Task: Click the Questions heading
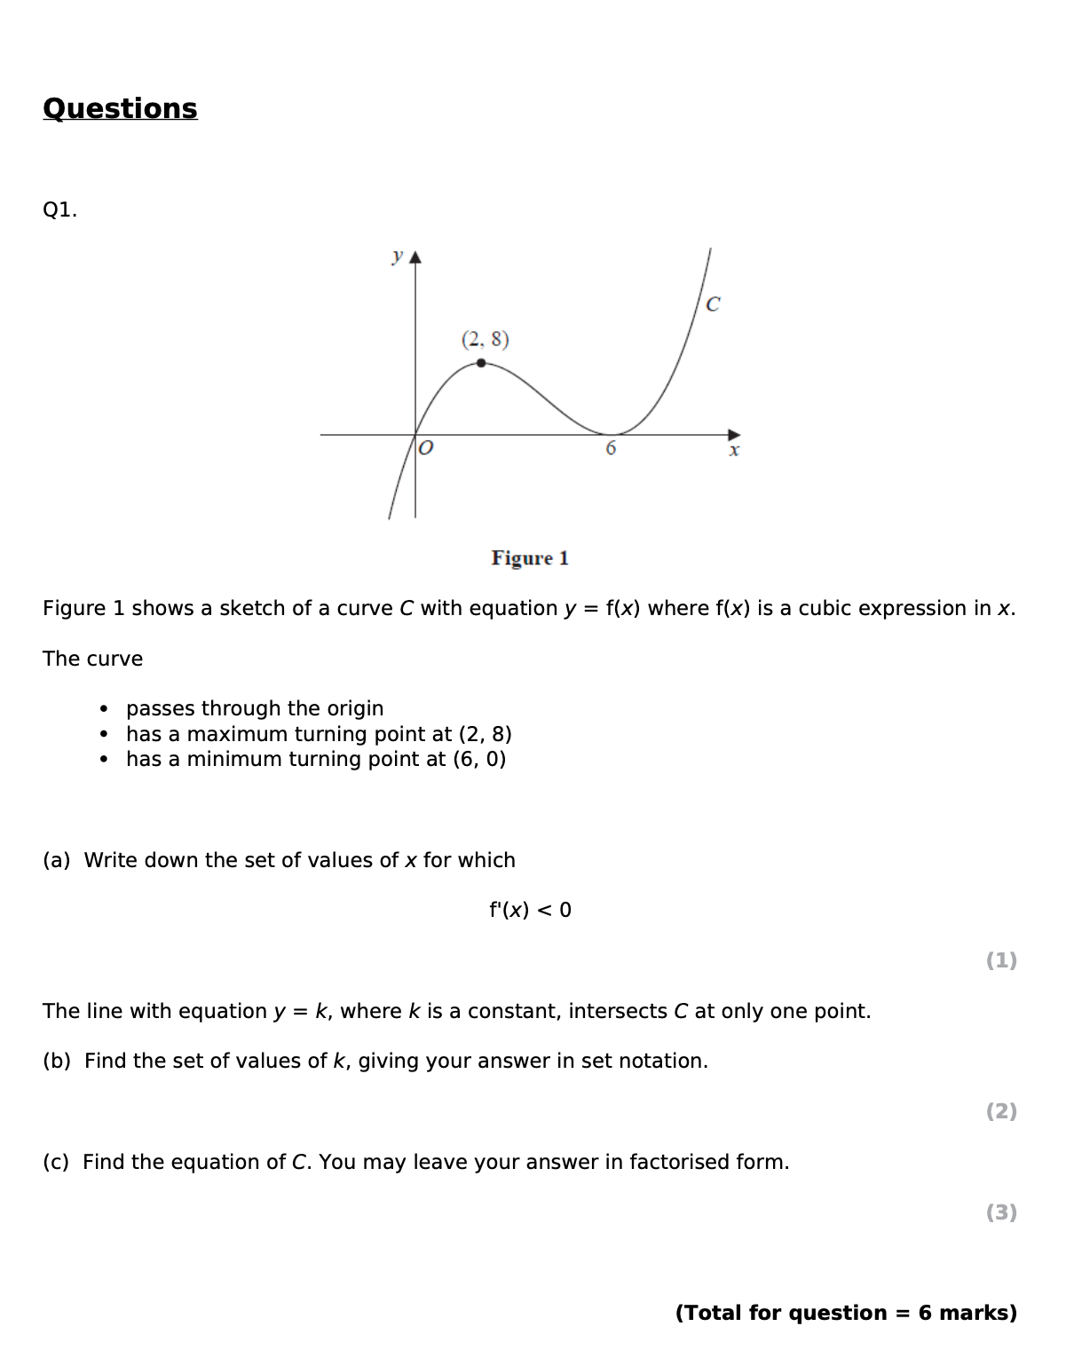[x=120, y=108]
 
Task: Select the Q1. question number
[x=59, y=210]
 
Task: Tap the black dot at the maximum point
[x=481, y=363]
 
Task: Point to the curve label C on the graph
[x=713, y=304]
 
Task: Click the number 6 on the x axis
[x=611, y=449]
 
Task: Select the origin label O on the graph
[x=426, y=448]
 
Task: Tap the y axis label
[x=397, y=256]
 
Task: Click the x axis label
[x=734, y=451]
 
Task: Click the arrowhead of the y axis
[x=415, y=257]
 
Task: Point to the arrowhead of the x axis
[x=734, y=435]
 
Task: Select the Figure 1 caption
[x=530, y=558]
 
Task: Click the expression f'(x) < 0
[x=530, y=911]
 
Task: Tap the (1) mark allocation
[x=1001, y=960]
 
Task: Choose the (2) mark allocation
[x=1001, y=1111]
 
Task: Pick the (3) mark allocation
[x=1001, y=1212]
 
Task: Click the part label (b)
[x=56, y=1062]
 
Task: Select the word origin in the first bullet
[x=351, y=709]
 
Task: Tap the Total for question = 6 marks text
[x=846, y=1314]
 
